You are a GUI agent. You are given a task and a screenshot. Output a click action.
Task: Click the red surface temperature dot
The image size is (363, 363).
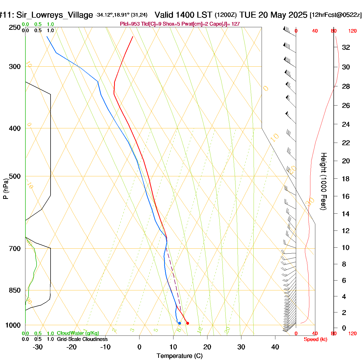pos(187,323)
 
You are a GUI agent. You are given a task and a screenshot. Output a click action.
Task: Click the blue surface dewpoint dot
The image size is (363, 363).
pos(179,323)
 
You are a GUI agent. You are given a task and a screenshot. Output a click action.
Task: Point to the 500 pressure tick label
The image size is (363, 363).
pos(15,176)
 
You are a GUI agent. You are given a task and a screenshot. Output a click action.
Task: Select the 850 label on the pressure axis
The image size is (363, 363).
pos(15,290)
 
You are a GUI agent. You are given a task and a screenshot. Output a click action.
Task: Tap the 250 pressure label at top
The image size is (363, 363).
pos(15,27)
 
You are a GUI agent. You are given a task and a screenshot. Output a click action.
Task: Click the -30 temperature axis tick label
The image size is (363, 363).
pos(38,347)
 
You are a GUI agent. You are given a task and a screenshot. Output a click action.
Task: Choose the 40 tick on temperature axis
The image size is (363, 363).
pos(275,347)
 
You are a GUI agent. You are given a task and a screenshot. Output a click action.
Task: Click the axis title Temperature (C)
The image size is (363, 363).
pos(179,356)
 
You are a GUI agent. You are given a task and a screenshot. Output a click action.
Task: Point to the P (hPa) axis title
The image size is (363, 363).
pos(6,189)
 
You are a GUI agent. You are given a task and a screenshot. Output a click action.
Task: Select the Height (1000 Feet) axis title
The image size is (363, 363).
pos(324,181)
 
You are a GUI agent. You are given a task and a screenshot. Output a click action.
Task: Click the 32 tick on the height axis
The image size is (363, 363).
pos(346,47)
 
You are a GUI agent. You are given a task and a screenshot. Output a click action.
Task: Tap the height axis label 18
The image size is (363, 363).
pos(346,179)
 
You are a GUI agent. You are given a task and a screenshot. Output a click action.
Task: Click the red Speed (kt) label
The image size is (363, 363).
pos(315,339)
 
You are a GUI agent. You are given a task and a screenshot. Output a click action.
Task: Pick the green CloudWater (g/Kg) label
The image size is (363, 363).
pos(78,333)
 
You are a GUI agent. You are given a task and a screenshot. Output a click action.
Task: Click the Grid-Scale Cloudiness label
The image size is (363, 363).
pos(82,339)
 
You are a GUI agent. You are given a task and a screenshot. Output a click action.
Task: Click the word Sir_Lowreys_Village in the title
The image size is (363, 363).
pos(54,15)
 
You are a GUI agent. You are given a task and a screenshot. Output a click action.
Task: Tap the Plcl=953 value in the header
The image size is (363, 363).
pos(130,24)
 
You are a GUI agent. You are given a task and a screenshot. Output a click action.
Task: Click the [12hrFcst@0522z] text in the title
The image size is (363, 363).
pos(336,15)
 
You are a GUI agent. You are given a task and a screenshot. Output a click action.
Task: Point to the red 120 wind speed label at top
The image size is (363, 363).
pos(352,31)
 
